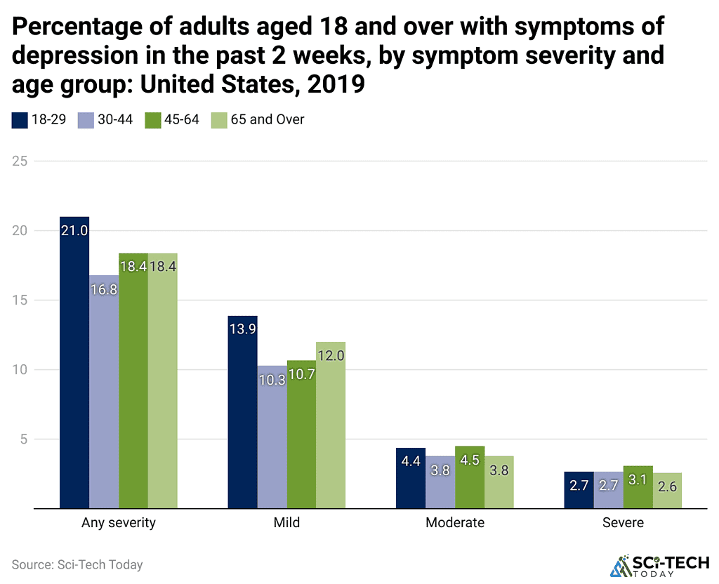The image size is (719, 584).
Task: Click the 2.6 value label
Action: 667,486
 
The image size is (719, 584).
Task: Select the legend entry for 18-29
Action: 39,120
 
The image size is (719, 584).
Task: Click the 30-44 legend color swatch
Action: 86,120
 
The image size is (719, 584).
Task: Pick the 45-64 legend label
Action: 181,120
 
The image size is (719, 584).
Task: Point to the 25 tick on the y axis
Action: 20,161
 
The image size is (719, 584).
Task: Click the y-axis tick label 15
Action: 20,300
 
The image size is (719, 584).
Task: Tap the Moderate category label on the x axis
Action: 455,523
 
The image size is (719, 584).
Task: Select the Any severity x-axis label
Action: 119,523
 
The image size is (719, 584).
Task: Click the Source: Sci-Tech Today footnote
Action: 77,564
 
